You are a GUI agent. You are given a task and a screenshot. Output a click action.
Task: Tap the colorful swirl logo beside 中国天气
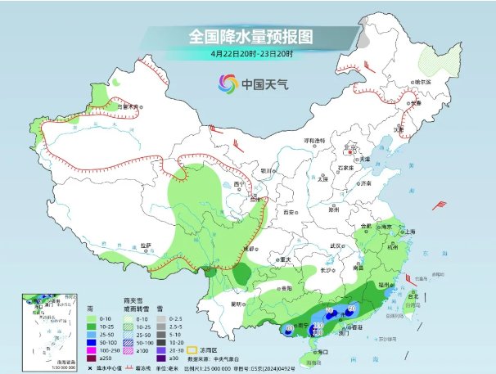pos(228,83)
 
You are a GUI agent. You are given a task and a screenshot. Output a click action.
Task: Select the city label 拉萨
pos(146,246)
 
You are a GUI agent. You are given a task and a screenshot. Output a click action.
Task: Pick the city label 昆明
pos(237,304)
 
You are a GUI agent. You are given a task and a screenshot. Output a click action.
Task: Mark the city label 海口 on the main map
pos(322,351)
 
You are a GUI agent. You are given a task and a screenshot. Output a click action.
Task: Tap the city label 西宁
pos(238,184)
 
